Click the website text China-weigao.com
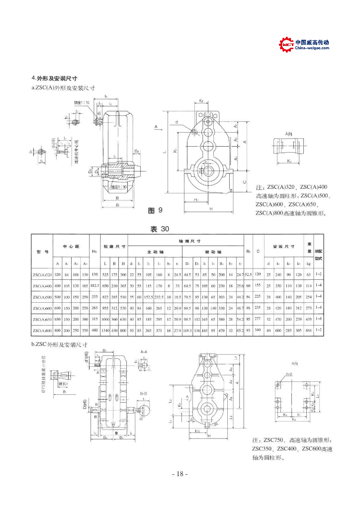click(x=312, y=49)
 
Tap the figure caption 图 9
click(x=155, y=211)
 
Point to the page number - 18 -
click(x=180, y=474)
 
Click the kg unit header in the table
click(x=309, y=263)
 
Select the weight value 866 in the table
click(x=309, y=330)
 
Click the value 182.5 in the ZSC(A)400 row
click(x=94, y=286)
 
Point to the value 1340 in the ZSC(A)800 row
click(x=105, y=330)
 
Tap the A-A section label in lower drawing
click(x=143, y=351)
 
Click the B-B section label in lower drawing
click(x=143, y=393)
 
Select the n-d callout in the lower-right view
click(x=289, y=374)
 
